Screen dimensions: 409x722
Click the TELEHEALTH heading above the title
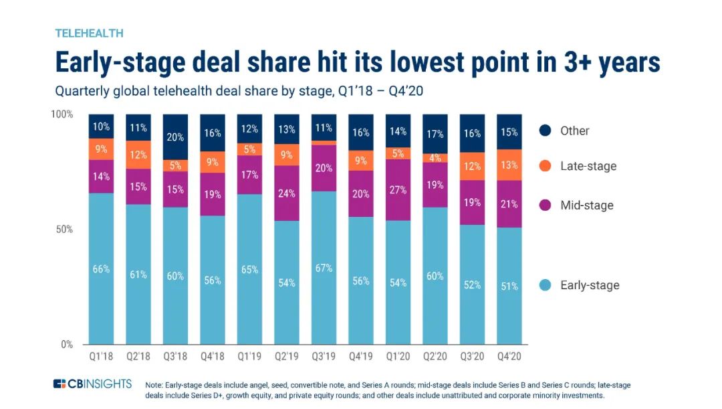click(x=89, y=33)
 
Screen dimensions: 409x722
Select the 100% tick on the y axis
click(x=62, y=114)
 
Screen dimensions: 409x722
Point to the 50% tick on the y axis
click(x=64, y=229)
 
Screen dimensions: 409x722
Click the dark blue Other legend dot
click(x=545, y=131)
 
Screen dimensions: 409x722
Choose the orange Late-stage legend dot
click(x=545, y=165)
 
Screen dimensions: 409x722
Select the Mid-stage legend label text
click(x=587, y=205)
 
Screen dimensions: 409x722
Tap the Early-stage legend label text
click(x=590, y=285)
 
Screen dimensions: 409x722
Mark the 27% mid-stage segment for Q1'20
click(x=399, y=189)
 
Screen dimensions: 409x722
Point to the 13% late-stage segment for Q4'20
click(x=510, y=165)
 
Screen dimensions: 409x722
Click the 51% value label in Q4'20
click(x=510, y=287)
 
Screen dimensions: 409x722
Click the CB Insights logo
click(x=94, y=384)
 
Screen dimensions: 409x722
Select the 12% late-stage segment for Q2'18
click(x=139, y=155)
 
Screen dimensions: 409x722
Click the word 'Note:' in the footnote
click(x=155, y=385)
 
